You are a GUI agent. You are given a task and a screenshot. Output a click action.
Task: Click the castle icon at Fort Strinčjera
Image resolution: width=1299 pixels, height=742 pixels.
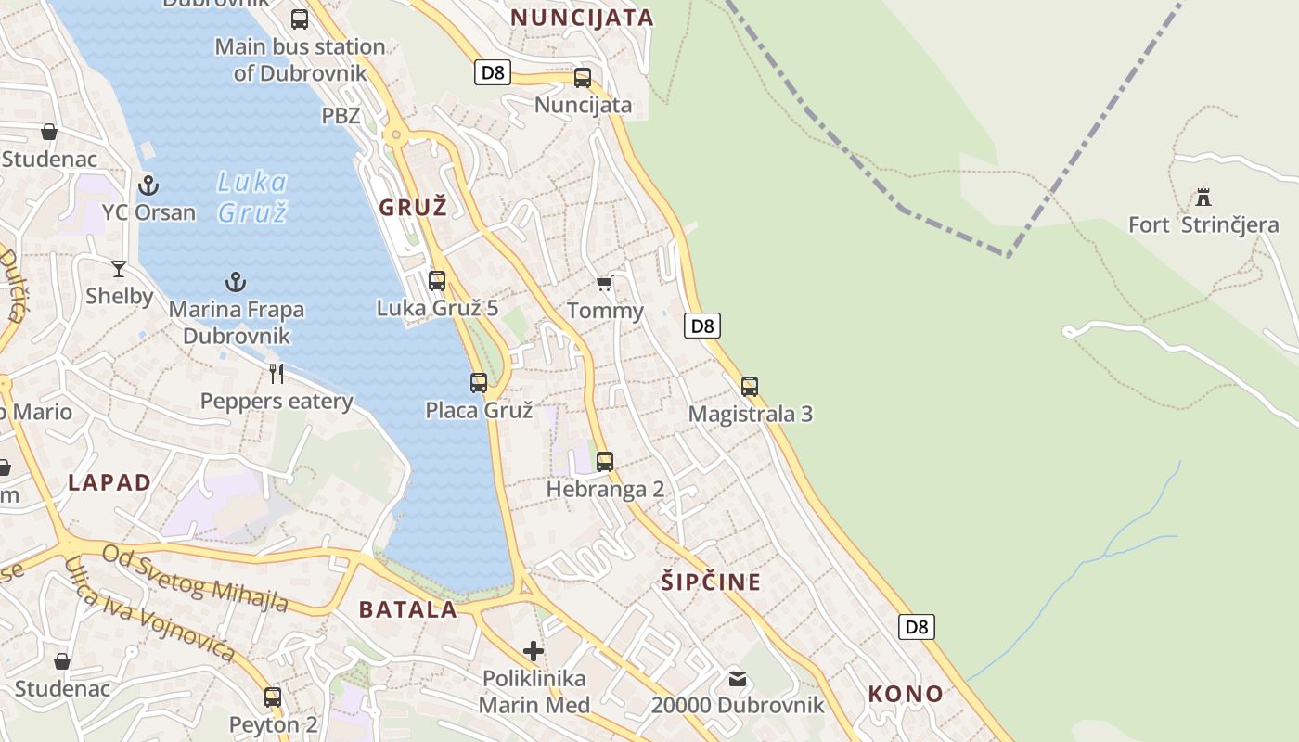[x=1203, y=197]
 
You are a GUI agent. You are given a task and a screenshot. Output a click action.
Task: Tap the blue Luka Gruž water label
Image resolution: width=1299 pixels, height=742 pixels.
[x=252, y=197]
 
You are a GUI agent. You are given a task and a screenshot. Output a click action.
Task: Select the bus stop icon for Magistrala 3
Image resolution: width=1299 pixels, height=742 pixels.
[x=750, y=386]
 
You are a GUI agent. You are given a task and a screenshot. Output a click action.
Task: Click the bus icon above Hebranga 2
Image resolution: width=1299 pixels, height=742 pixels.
[x=605, y=461]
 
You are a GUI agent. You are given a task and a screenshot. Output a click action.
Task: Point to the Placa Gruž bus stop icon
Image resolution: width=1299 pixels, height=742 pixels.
[x=479, y=382]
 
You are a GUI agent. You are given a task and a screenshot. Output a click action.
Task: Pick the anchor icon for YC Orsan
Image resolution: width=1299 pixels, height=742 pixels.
[x=148, y=185]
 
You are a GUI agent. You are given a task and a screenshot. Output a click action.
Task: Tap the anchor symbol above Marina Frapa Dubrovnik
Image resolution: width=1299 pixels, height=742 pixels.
[x=236, y=282]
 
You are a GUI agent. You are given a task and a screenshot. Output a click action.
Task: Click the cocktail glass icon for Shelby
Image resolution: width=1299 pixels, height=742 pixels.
[x=119, y=269]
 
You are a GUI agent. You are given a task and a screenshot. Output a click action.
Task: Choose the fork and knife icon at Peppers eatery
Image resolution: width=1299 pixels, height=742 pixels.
[x=277, y=374]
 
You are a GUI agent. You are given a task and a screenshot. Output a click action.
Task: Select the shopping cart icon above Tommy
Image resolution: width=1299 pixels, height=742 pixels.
[x=605, y=283]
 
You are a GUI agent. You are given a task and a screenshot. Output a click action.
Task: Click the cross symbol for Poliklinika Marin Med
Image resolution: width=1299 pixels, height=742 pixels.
[x=534, y=651]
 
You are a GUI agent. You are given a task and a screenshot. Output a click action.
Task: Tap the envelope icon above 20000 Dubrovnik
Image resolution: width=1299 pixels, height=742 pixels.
[x=738, y=679]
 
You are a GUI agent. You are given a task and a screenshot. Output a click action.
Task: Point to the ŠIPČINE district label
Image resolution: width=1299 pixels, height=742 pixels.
[x=711, y=582]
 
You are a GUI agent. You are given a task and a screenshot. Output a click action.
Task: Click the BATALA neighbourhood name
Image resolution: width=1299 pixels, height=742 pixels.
[x=408, y=609]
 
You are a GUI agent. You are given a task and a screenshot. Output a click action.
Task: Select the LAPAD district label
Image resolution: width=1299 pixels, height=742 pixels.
[x=109, y=482]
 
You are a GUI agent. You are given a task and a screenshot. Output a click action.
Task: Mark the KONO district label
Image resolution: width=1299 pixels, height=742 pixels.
[x=906, y=693]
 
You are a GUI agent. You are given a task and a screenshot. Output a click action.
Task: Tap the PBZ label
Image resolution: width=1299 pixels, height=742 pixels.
[x=341, y=116]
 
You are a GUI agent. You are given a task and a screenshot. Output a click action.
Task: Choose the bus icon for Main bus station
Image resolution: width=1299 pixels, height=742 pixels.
[x=300, y=19]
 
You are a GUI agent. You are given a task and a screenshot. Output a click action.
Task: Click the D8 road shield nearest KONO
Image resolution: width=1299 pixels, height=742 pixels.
[x=917, y=627]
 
